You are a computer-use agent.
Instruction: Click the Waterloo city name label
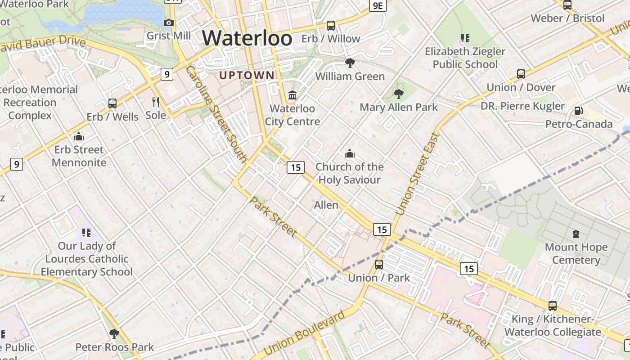pyautogui.click(x=247, y=38)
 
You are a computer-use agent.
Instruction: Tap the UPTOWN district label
pyautogui.click(x=247, y=75)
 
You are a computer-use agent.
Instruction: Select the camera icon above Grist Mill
pyautogui.click(x=169, y=22)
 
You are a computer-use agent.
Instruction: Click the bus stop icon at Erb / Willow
pyautogui.click(x=331, y=26)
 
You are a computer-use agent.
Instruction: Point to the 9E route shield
pyautogui.click(x=378, y=5)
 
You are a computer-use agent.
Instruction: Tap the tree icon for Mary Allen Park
pyautogui.click(x=398, y=94)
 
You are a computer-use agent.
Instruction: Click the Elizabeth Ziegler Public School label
pyautogui.click(x=465, y=58)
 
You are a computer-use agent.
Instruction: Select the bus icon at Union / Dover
pyautogui.click(x=521, y=74)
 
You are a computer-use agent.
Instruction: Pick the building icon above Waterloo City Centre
pyautogui.click(x=292, y=95)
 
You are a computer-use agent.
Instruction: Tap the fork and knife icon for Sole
pyautogui.click(x=156, y=102)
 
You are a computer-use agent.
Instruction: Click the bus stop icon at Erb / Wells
pyautogui.click(x=112, y=103)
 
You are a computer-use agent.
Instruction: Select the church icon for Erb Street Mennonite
pyautogui.click(x=79, y=136)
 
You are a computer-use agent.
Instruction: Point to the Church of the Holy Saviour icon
pyautogui.click(x=349, y=154)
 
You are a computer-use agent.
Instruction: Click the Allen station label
pyautogui.click(x=326, y=205)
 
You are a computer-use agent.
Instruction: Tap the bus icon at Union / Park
pyautogui.click(x=379, y=265)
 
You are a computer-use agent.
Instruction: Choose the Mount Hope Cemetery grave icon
pyautogui.click(x=576, y=234)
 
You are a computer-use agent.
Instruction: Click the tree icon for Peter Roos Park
pyautogui.click(x=114, y=334)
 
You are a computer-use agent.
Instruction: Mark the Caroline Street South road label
pyautogui.click(x=216, y=114)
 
